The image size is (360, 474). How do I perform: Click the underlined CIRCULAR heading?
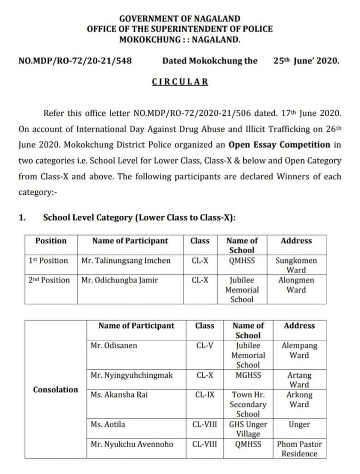pos(180,82)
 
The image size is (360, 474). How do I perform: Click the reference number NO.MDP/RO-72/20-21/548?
pos(75,61)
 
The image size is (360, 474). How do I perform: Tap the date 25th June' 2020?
pos(306,61)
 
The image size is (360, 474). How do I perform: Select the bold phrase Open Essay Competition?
pos(279,144)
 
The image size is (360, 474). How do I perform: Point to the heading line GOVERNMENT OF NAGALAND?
pos(180,19)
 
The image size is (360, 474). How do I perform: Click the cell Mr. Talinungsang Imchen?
pos(126,261)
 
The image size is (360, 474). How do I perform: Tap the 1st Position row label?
pos(48,261)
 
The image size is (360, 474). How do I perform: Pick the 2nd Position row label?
pos(49,280)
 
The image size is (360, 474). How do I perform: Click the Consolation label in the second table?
pos(56,390)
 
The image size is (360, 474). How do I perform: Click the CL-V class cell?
pos(205,345)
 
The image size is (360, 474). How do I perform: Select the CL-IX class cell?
pos(205,395)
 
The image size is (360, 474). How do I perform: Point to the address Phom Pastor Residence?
pos(299,449)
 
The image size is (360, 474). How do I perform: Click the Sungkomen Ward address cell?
pos(296,265)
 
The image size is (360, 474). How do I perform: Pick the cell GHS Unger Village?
pos(248,429)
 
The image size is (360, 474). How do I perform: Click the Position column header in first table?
pos(51,241)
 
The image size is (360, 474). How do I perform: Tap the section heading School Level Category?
pos(139,218)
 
